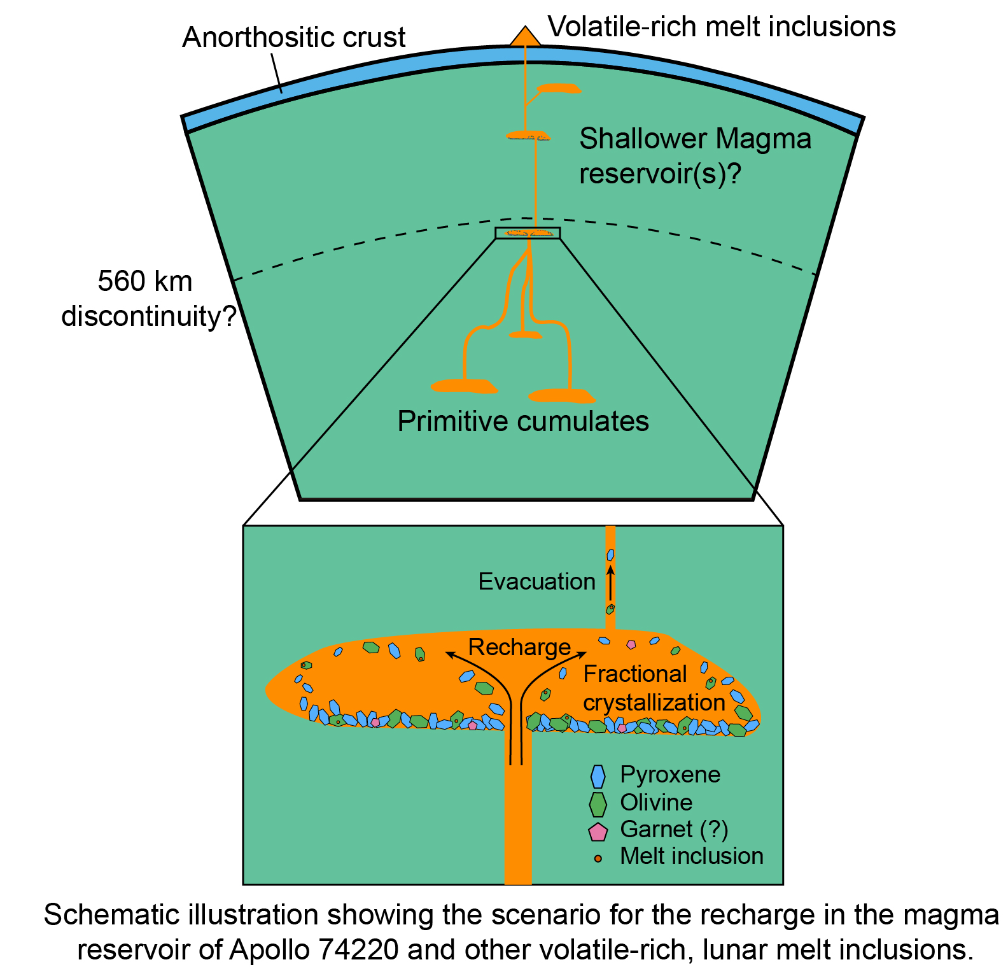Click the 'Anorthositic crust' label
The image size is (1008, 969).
293,38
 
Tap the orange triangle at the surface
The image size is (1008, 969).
525,37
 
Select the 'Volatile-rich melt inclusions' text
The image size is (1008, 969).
722,27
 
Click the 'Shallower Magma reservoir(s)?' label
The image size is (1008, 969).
695,156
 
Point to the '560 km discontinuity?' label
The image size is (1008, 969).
148,299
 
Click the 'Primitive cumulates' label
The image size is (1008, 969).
523,421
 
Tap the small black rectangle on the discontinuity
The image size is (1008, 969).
528,233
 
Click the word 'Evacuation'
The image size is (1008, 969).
536,581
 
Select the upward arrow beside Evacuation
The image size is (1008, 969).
610,583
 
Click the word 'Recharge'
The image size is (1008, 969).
519,647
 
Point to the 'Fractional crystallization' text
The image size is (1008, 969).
654,688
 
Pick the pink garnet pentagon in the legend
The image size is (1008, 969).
598,831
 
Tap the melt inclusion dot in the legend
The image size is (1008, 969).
598,858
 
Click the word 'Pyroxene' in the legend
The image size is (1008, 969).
670,775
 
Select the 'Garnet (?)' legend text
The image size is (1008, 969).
674,830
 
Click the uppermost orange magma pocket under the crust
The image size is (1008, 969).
558,88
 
